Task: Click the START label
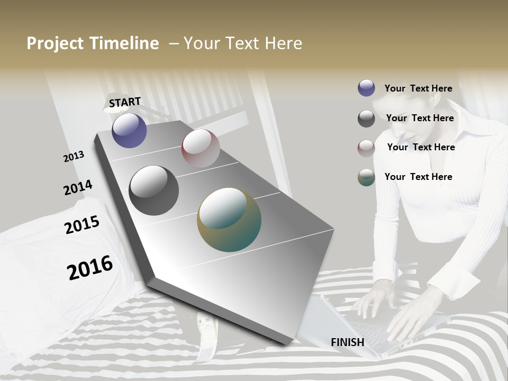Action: (125, 102)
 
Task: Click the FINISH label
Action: (348, 342)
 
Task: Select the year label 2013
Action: (74, 157)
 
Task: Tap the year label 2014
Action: (78, 188)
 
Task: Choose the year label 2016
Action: (90, 267)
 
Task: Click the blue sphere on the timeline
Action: (129, 130)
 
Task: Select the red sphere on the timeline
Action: (201, 148)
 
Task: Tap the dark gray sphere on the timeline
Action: (154, 190)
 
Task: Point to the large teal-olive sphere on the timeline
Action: (229, 220)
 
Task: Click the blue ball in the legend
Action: (366, 88)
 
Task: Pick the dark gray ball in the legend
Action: (366, 119)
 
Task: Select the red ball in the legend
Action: (366, 148)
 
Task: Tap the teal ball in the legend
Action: (366, 177)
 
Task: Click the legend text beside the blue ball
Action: (418, 88)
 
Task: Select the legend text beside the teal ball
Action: (418, 177)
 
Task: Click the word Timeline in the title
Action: (124, 43)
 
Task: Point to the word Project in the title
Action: (55, 43)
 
